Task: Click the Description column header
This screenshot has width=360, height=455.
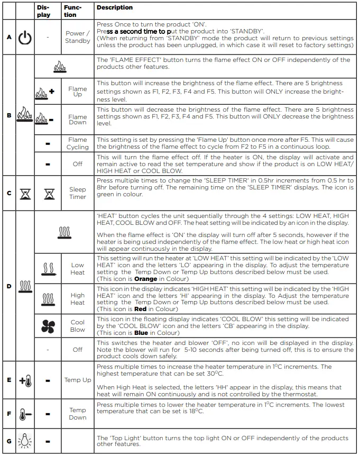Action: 115,8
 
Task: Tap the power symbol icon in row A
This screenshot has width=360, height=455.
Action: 25,38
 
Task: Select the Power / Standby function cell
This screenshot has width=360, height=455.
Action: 78,37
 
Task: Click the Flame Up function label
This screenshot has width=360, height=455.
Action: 78,92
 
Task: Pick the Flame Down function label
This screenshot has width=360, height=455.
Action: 78,120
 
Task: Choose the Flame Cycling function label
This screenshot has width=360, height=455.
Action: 78,143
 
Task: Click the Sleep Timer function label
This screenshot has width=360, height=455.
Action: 78,193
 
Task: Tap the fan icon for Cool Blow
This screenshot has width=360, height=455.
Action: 48,326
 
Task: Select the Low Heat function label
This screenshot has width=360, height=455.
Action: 78,269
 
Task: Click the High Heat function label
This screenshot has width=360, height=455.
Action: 78,299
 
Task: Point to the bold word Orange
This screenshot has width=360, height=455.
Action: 146,278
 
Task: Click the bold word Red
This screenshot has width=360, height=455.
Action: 141,308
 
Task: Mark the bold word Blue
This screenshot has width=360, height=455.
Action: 142,333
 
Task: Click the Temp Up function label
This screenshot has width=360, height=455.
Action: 78,380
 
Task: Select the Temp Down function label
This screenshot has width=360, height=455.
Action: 78,414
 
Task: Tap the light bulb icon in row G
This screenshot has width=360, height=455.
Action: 24,441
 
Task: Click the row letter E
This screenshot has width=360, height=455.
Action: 8,380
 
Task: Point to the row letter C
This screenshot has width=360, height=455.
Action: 8,193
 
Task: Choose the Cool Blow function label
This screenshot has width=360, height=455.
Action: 78,326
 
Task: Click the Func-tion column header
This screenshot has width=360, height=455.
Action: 72,11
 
